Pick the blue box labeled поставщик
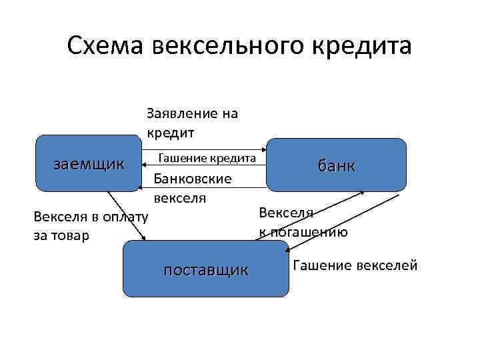(206, 269)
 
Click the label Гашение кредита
(207, 158)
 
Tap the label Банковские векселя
(193, 188)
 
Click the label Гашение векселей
(355, 266)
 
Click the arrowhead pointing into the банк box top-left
(263, 149)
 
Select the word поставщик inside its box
(206, 269)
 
